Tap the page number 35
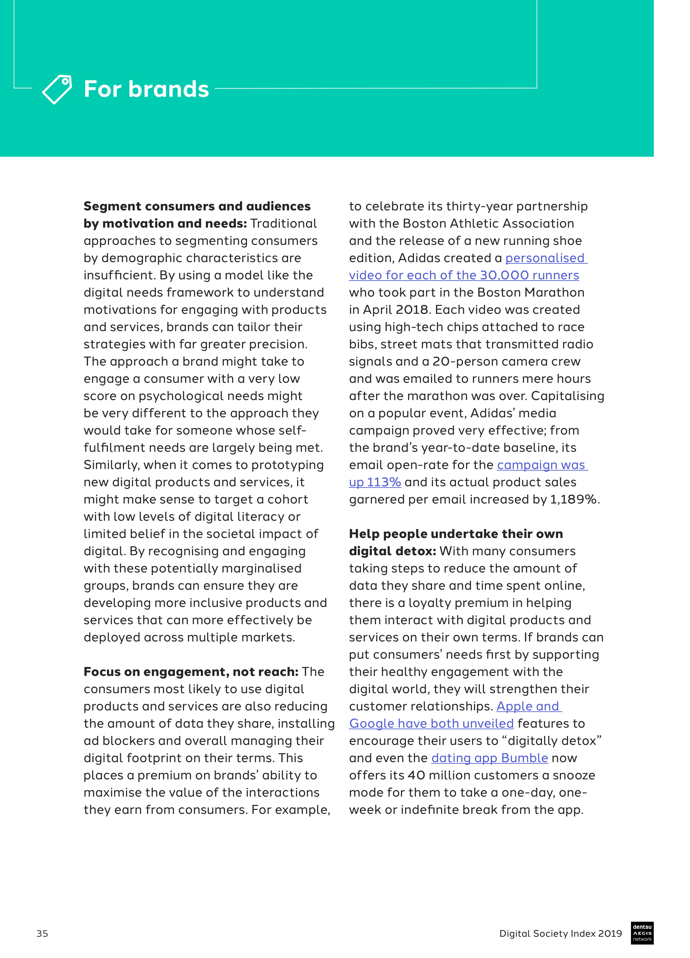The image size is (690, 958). (x=42, y=933)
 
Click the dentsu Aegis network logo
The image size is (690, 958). (x=642, y=933)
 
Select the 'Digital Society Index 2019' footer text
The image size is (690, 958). (x=560, y=933)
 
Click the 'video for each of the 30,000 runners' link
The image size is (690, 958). (x=463, y=275)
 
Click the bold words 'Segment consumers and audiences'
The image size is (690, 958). (x=197, y=206)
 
